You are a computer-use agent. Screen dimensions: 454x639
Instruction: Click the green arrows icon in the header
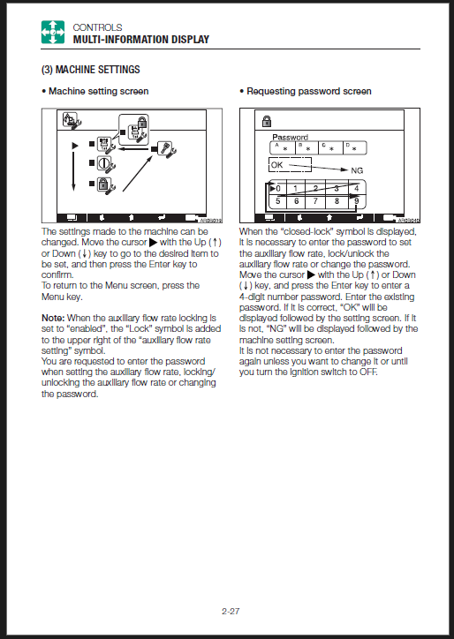[x=53, y=32]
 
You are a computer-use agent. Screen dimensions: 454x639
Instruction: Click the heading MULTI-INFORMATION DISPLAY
[x=141, y=40]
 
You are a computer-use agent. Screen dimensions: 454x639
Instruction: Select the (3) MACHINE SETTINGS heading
[x=91, y=70]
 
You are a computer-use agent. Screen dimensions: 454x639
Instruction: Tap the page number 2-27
[x=231, y=612]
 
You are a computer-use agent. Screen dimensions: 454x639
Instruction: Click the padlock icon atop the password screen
[x=267, y=121]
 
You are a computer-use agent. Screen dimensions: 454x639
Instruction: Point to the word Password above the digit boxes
[x=290, y=137]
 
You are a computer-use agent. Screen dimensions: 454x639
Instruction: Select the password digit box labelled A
[x=283, y=148]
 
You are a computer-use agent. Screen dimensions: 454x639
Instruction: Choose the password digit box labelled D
[x=354, y=148]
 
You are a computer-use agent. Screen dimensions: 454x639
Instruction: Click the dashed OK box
[x=290, y=165]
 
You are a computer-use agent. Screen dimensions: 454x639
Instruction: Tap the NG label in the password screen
[x=357, y=170]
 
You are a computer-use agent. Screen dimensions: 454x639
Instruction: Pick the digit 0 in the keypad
[x=278, y=189]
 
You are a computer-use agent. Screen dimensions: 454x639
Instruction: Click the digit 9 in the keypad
[x=357, y=201]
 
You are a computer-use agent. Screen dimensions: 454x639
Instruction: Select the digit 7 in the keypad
[x=315, y=201]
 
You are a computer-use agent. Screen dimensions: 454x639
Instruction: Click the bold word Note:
[x=53, y=318]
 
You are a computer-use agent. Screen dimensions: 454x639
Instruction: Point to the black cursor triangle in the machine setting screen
[x=75, y=145]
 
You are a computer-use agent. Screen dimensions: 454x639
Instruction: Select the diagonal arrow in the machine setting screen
[x=138, y=173]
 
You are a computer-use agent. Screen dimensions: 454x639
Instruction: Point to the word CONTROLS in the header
[x=97, y=27]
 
